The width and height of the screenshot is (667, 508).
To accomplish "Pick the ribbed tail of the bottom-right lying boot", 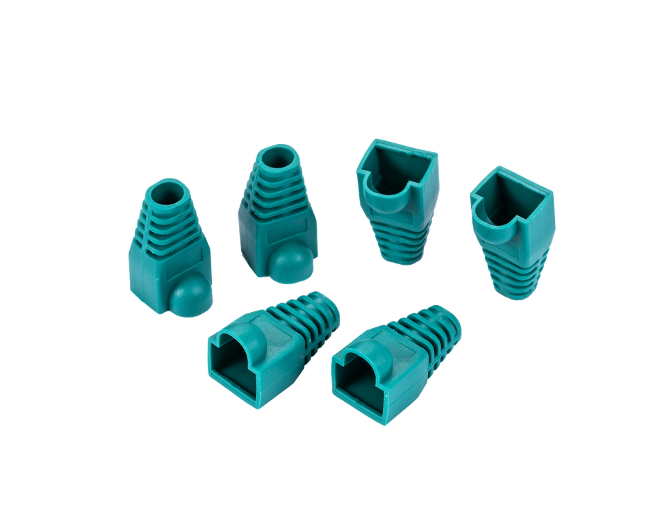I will click(x=431, y=330).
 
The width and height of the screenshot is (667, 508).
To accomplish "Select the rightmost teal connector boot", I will click(x=513, y=229).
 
